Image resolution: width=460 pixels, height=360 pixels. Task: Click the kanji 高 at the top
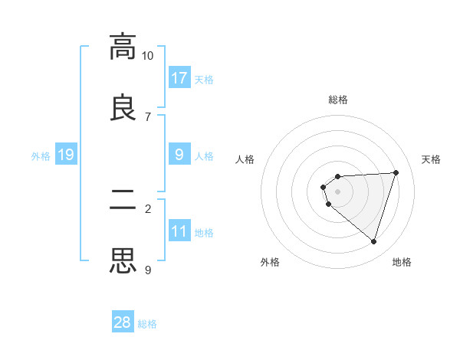(x=123, y=47)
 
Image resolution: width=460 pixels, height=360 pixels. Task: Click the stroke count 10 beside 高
(x=147, y=56)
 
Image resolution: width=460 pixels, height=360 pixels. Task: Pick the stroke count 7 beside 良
(x=147, y=116)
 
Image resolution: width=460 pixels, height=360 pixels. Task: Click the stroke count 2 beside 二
(x=147, y=208)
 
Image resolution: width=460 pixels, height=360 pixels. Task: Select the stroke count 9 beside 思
(x=147, y=270)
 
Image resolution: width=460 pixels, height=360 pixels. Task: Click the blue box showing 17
(x=179, y=78)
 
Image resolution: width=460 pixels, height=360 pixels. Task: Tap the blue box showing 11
(x=179, y=231)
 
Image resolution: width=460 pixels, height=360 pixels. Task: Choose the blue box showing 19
(x=66, y=155)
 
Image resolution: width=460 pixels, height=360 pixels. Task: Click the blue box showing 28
(x=123, y=322)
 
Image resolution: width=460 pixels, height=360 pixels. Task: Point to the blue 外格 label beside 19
(x=41, y=156)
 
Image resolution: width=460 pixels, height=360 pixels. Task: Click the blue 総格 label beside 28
(x=147, y=324)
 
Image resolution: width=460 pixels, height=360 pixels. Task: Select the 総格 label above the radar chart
(x=338, y=100)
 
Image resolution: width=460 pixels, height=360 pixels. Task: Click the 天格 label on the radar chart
(x=432, y=159)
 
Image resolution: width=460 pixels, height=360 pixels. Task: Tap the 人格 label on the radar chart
(x=245, y=159)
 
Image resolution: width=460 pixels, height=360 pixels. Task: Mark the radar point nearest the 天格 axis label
(x=396, y=172)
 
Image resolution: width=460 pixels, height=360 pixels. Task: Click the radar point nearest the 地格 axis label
(x=374, y=242)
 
